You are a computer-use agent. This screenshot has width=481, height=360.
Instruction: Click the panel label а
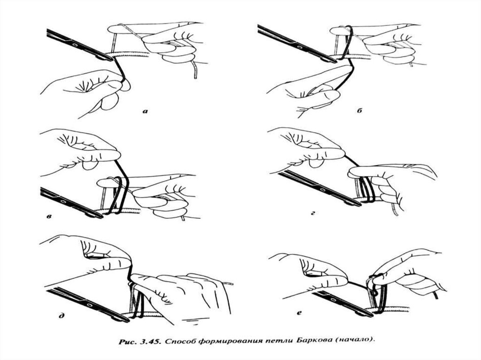[x=145, y=111]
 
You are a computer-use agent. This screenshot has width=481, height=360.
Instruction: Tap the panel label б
[x=359, y=111]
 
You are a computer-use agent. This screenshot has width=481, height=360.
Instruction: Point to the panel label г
[x=313, y=212]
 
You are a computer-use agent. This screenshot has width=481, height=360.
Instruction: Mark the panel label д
[x=62, y=315]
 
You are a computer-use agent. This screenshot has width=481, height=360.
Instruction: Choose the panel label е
[x=299, y=313]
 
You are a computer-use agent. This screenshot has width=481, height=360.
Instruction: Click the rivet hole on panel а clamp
[x=74, y=45]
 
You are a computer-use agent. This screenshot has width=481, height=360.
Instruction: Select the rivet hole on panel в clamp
[x=63, y=202]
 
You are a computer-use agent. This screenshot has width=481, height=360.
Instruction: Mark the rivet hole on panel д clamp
[x=89, y=306]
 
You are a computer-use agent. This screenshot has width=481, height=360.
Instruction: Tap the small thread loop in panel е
[x=374, y=293]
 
